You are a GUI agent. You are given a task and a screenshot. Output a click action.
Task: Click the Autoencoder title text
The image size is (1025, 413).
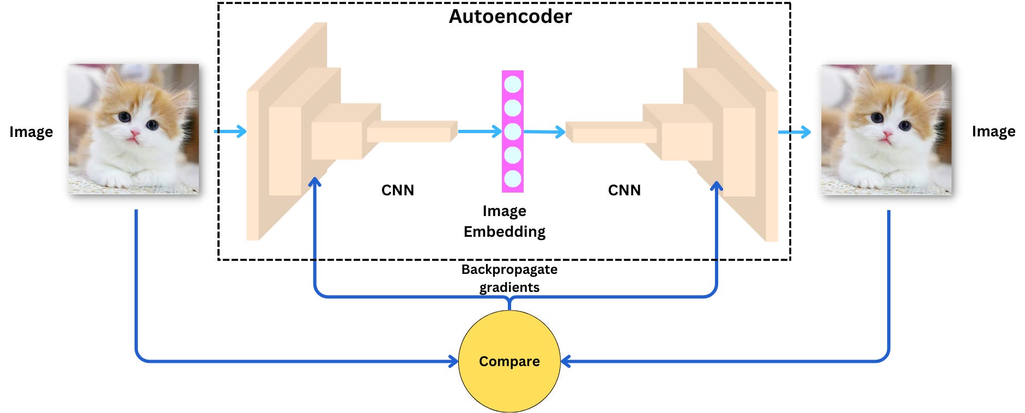click(x=510, y=16)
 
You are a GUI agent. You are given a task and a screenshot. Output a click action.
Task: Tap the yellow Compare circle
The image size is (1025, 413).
click(x=509, y=361)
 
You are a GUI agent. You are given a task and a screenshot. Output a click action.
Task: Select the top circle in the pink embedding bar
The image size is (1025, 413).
click(x=513, y=85)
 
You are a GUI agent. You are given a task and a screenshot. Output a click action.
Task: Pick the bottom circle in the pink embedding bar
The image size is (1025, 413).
click(x=513, y=179)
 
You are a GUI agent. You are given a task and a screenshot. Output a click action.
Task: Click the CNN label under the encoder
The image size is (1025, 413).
click(x=397, y=190)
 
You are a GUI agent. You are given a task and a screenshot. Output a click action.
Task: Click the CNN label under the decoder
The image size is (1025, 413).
click(x=624, y=190)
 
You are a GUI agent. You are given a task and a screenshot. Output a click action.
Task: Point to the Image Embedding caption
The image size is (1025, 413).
click(x=505, y=221)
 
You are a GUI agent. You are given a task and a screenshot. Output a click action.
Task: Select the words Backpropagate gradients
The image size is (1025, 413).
click(x=509, y=278)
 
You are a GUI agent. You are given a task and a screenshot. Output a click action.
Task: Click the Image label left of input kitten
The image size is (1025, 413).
click(x=31, y=132)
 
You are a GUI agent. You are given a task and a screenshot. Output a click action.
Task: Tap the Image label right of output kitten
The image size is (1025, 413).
click(x=993, y=131)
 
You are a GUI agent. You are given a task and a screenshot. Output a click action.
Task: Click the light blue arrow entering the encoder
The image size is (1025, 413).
click(x=231, y=131)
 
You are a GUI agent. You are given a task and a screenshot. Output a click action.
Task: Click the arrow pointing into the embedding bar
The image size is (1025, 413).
click(x=480, y=131)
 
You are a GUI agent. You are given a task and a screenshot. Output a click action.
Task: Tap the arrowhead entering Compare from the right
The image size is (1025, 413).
click(x=566, y=361)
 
